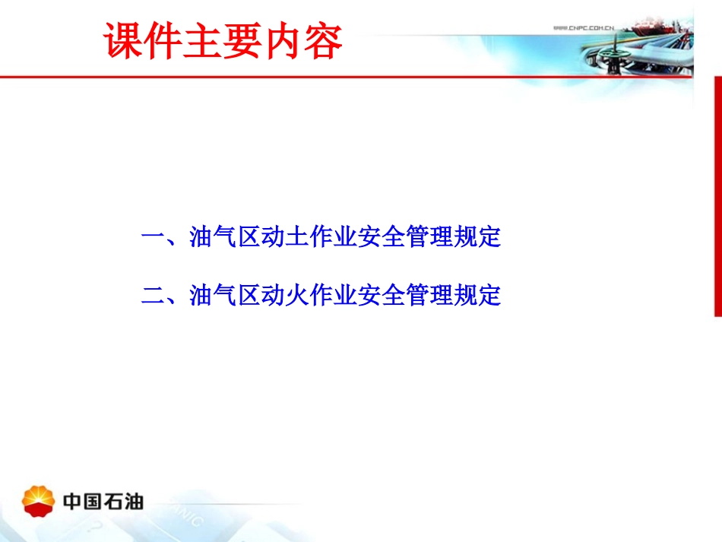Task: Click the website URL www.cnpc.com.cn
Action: pyautogui.click(x=582, y=28)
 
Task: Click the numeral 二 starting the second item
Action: pyautogui.click(x=153, y=295)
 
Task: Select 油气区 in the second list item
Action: pyautogui.click(x=226, y=295)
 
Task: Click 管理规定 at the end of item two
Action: pyautogui.click(x=453, y=295)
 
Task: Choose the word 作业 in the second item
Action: pyautogui.click(x=334, y=295)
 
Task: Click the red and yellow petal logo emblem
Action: pyautogui.click(x=39, y=501)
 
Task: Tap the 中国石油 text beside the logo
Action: pyautogui.click(x=103, y=502)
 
